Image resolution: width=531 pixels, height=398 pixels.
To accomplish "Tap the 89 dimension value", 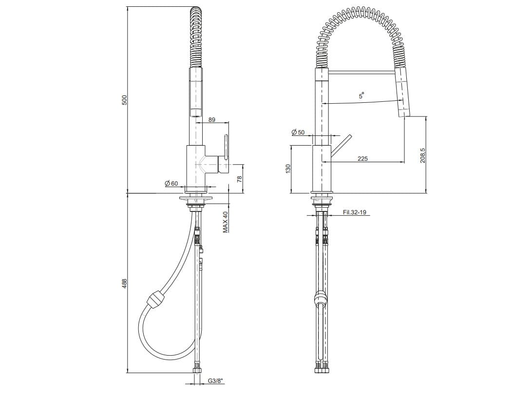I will tap(212, 120).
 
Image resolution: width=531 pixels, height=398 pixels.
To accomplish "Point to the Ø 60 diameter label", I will tap(171, 184).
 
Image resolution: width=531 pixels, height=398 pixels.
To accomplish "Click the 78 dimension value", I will tap(239, 179).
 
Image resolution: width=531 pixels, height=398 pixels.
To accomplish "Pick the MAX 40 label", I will tap(226, 222).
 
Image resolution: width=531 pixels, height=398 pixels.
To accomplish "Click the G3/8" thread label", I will tap(215, 381).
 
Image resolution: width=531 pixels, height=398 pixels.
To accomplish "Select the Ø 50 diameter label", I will tap(298, 133).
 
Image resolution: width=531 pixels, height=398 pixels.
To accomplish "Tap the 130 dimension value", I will tap(288, 169).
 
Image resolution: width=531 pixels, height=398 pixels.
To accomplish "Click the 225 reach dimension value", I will tap(362, 158).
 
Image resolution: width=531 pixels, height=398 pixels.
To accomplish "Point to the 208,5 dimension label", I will tap(422, 156).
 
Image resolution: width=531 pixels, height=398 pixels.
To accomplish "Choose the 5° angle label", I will tap(361, 96).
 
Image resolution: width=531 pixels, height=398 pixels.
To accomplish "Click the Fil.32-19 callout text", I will tap(355, 212).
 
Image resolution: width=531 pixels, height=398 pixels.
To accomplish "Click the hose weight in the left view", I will tap(154, 298).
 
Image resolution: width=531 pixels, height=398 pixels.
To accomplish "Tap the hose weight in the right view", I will tap(320, 298).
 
